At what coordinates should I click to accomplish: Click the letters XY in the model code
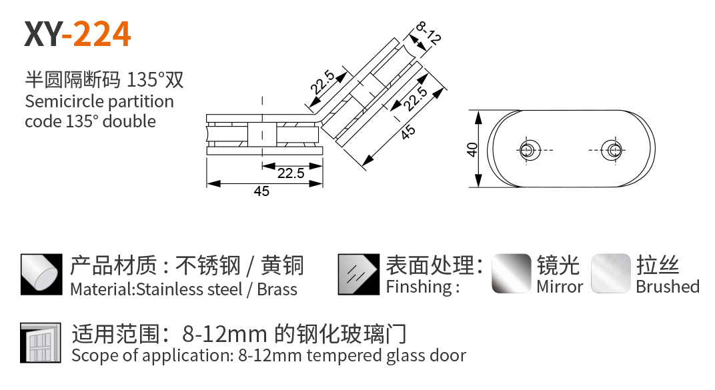[43, 34]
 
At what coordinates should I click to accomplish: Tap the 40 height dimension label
[472, 149]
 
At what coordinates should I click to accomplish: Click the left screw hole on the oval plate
[530, 149]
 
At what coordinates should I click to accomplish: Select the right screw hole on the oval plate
[612, 149]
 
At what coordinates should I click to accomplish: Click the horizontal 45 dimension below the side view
[261, 191]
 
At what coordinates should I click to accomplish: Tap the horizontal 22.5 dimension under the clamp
[291, 173]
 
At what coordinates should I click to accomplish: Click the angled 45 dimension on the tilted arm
[408, 132]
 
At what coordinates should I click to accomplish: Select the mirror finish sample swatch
[512, 273]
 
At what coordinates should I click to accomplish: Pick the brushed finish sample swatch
[610, 273]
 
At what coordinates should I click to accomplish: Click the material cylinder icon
[41, 274]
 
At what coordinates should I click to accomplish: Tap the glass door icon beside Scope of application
[41, 343]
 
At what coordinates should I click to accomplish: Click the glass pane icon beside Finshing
[359, 274]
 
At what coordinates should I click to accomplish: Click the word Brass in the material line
[277, 289]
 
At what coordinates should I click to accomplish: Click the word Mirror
[560, 287]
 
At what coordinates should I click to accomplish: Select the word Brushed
[668, 287]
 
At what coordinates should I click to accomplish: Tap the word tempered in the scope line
[343, 356]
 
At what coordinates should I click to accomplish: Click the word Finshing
[420, 287]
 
